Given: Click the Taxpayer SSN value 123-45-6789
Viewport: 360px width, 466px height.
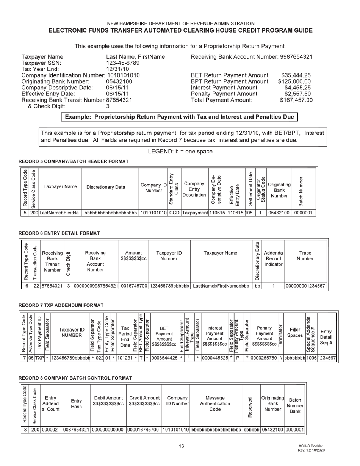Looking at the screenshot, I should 123,63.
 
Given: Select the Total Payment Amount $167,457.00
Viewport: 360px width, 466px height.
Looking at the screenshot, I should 296,100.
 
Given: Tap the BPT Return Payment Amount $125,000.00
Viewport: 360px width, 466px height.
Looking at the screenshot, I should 294,81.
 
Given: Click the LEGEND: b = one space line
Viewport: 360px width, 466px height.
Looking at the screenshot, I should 180,152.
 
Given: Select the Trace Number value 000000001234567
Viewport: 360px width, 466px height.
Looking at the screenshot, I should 305,286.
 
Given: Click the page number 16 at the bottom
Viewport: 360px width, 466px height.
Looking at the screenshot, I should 182,446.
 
